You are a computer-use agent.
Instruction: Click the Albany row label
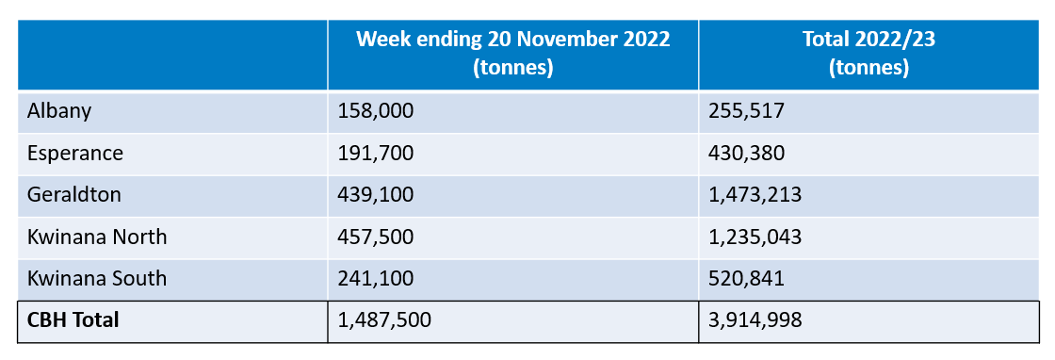(58, 111)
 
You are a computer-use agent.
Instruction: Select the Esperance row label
(74, 153)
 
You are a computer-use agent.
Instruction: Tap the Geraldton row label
(74, 194)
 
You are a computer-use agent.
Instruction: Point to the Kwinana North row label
(98, 237)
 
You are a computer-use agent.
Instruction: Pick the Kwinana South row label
(97, 278)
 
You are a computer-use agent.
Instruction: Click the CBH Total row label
(74, 320)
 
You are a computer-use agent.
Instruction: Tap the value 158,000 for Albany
(376, 111)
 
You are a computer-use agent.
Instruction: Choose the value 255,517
(746, 111)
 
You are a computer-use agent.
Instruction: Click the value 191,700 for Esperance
(376, 153)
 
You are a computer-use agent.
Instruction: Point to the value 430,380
(747, 153)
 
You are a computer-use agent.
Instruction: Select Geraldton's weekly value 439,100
(376, 194)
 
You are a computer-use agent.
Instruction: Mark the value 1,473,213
(755, 194)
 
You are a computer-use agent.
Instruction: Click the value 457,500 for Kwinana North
(376, 237)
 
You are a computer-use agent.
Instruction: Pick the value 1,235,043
(755, 237)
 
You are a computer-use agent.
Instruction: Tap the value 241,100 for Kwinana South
(376, 278)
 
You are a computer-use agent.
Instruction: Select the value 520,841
(746, 278)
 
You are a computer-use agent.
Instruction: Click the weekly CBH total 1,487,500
(384, 320)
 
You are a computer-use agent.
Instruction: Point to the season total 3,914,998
(755, 320)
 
